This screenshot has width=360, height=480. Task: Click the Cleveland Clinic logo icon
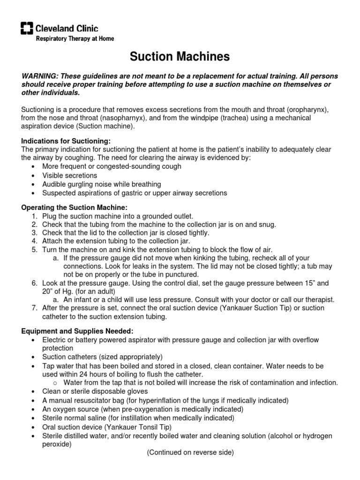pos(27,29)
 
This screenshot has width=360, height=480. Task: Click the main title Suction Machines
pos(180,57)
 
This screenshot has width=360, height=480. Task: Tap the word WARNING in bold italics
pos(40,76)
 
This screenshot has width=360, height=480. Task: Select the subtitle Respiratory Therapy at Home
pos(75,39)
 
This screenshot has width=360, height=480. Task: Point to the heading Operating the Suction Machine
pos(74,207)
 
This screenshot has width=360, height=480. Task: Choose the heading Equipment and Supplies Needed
pos(71,330)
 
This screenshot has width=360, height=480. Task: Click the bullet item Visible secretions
pos(69,175)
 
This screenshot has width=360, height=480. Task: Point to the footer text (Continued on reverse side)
pos(190,452)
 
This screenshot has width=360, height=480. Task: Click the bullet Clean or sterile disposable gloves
pos(95,391)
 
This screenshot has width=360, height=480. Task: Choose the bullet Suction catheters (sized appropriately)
pos(102,357)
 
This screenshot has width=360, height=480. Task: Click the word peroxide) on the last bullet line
pos(57,444)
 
